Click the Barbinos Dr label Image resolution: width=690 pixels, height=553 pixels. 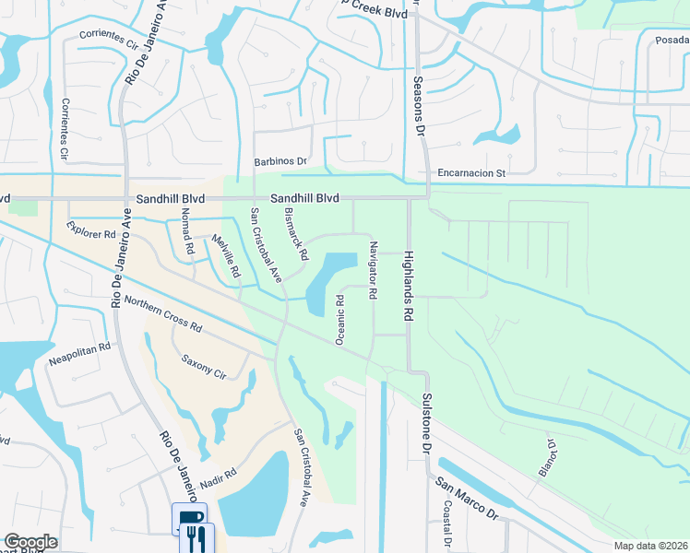pyautogui.click(x=280, y=161)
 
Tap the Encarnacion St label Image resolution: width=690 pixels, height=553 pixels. pyautogui.click(x=472, y=172)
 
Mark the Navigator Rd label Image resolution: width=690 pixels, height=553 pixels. pyautogui.click(x=374, y=270)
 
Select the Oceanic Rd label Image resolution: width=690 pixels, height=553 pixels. pyautogui.click(x=340, y=320)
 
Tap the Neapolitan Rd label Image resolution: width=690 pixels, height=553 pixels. pyautogui.click(x=79, y=351)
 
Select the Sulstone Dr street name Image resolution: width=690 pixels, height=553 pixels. pyautogui.click(x=427, y=421)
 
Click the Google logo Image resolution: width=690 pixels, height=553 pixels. pyautogui.click(x=30, y=542)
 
